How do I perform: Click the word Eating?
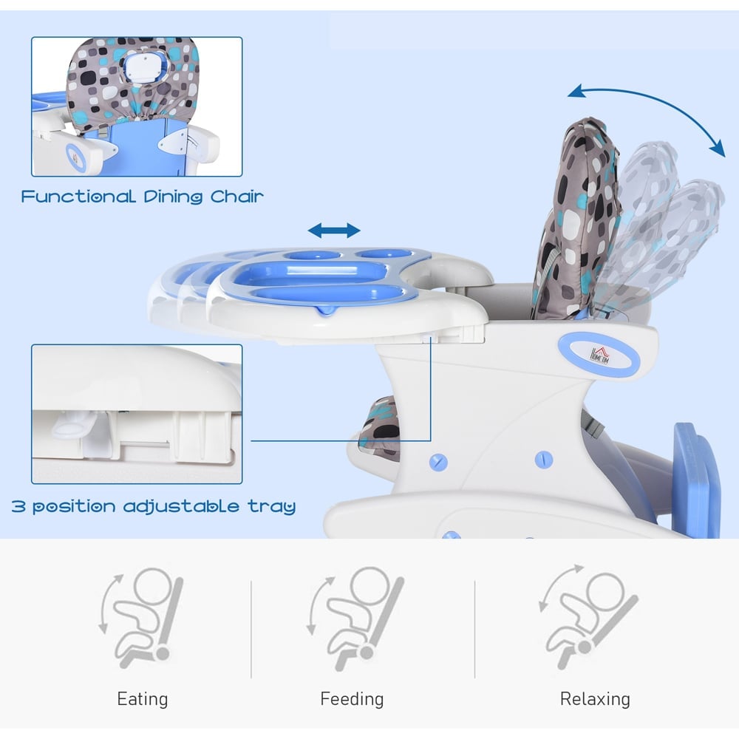point(143,698)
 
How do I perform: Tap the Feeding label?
point(352,698)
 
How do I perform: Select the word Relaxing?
point(595,698)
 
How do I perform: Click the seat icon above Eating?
point(141,618)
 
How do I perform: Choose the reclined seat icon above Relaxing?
point(588,616)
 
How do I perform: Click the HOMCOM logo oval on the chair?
point(599,355)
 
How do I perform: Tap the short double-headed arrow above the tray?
point(334,231)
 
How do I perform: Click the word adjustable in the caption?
point(182,507)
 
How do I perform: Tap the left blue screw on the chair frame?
point(438,461)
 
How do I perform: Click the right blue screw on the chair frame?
point(544,459)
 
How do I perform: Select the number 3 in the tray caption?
point(18,507)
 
